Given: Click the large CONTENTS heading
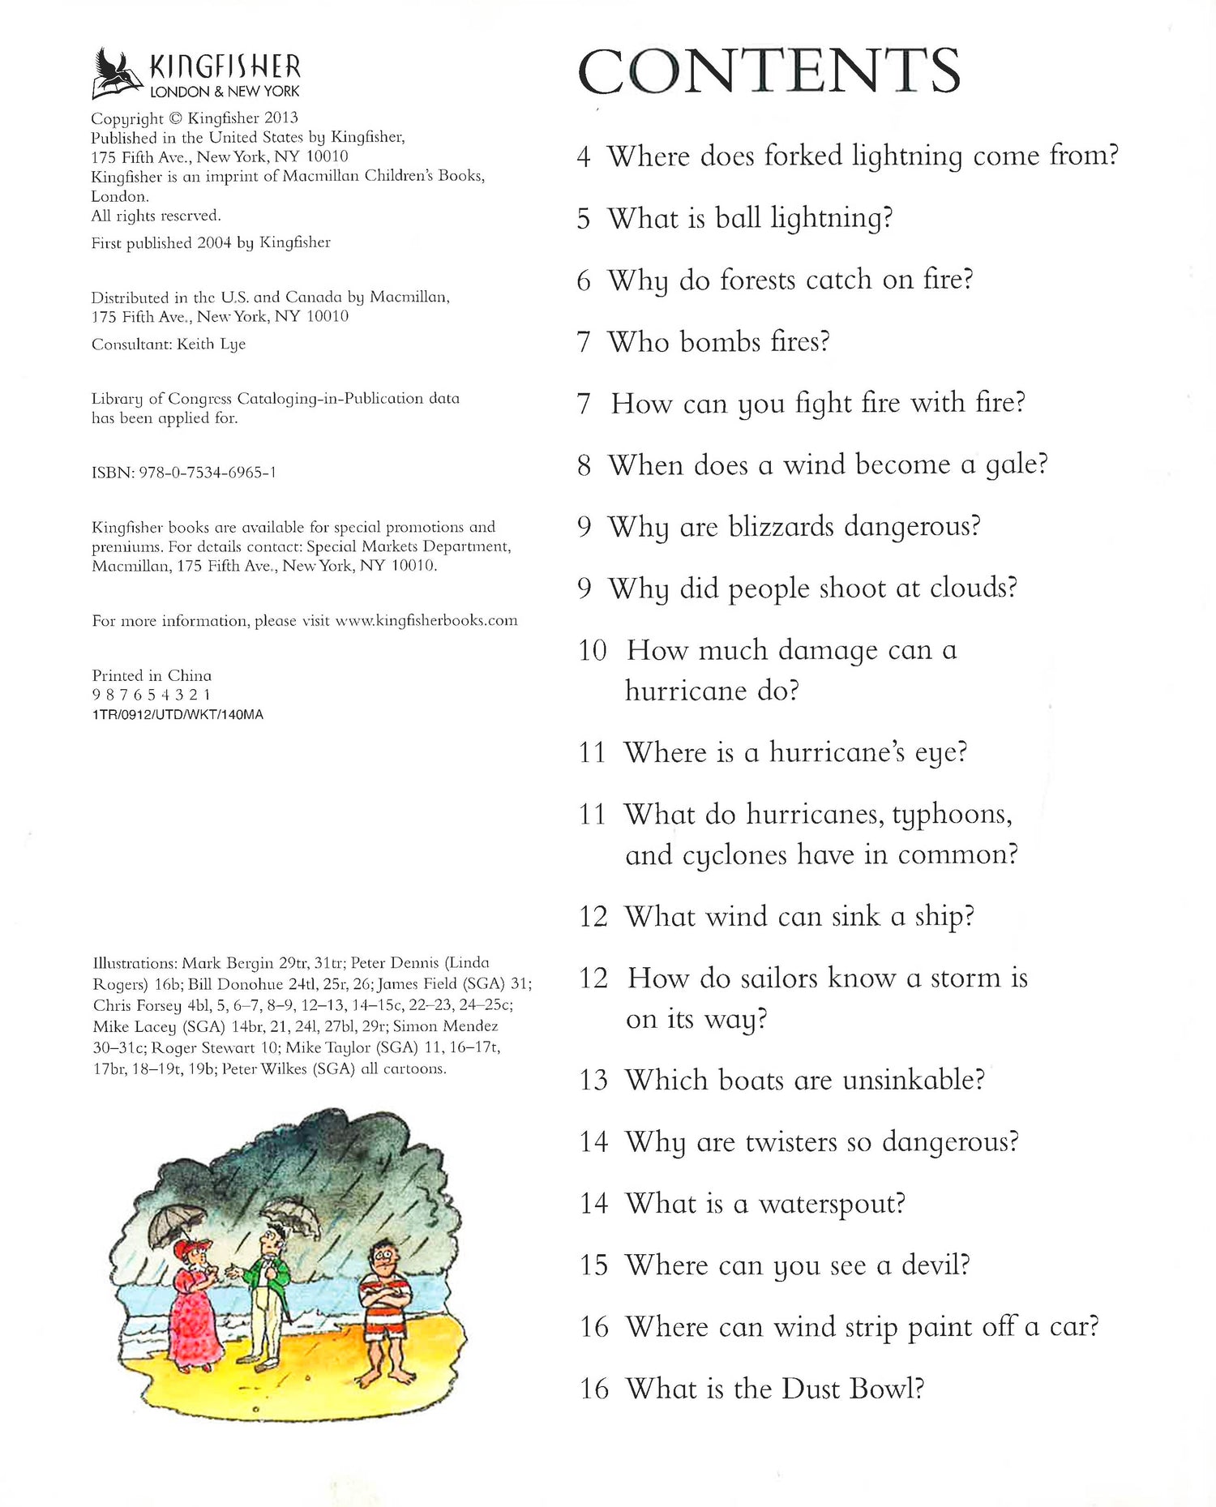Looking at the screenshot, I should [769, 71].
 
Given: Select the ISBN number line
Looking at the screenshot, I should [184, 472].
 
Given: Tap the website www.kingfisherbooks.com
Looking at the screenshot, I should [426, 620].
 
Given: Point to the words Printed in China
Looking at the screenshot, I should [152, 675].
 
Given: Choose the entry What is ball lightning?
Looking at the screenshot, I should [750, 219].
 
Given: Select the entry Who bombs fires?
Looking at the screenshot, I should [718, 342].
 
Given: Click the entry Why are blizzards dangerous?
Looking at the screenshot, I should [794, 527].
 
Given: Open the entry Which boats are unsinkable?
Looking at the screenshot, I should [804, 1081].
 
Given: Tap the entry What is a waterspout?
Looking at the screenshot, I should [764, 1204].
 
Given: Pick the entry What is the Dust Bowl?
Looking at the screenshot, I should [774, 1389].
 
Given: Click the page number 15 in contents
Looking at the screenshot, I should [593, 1265].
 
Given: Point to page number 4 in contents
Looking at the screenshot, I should [584, 156].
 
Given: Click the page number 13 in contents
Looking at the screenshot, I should [593, 1081].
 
